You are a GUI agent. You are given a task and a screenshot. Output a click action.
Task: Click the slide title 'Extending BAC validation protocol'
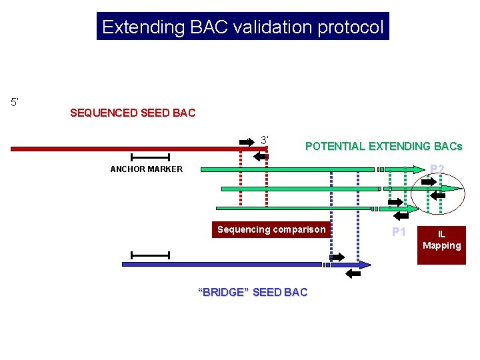tap(243, 27)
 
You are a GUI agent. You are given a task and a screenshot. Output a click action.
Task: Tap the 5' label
tap(15, 102)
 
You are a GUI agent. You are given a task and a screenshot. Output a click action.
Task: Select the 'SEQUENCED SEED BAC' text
tap(133, 113)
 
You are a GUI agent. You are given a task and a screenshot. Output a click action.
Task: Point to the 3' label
tap(265, 140)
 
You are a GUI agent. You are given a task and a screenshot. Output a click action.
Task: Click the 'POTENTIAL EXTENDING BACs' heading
tap(383, 146)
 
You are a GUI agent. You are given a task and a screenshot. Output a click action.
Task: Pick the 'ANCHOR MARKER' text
tap(146, 169)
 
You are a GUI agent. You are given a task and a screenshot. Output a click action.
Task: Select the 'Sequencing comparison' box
tap(271, 230)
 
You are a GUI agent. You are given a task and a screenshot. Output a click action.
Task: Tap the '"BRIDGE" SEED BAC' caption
tap(253, 292)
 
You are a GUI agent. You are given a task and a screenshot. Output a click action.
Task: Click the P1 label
tap(399, 232)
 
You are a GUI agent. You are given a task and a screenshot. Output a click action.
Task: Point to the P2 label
tap(437, 169)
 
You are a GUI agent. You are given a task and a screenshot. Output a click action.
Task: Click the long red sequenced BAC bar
tap(133, 149)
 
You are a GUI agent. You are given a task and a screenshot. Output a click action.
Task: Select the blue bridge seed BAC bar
tap(220, 265)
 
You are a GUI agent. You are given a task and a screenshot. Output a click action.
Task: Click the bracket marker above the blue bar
tap(151, 255)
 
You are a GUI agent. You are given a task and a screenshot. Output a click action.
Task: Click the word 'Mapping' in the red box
tap(441, 246)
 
